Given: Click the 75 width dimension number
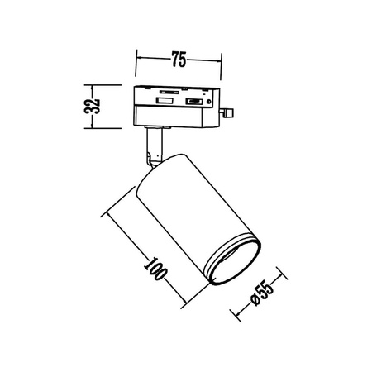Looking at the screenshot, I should tap(178, 59).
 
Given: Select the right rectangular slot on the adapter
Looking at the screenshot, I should tap(194, 103).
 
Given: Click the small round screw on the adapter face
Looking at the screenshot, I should tap(212, 103).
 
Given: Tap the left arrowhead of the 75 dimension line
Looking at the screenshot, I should tap(137, 60).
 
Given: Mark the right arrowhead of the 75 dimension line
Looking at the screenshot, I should tap(222, 60).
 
